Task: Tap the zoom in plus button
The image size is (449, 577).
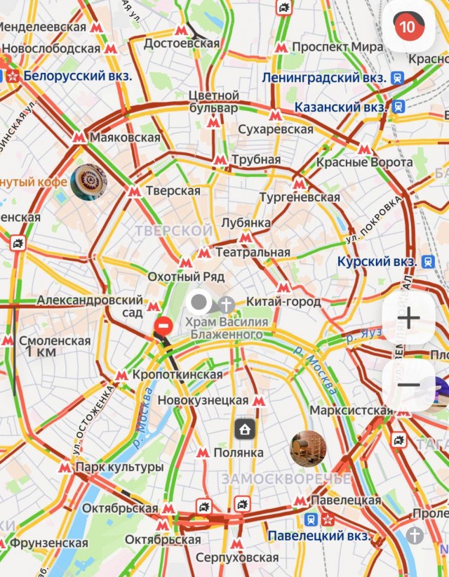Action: pos(408,318)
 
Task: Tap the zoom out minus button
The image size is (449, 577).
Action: pos(408,385)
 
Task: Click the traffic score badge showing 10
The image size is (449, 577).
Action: pos(406,27)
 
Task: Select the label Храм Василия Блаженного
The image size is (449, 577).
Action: pos(226,328)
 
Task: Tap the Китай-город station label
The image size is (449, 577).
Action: pos(283,302)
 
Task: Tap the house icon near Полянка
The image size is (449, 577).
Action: pos(244,429)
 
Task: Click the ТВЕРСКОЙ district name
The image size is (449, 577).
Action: pos(173,231)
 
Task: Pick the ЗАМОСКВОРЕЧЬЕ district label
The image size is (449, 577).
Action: pos(286,479)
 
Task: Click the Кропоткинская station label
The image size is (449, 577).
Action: pos(177,375)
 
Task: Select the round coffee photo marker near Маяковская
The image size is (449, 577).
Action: pos(89,182)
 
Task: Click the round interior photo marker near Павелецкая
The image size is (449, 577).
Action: pos(308,448)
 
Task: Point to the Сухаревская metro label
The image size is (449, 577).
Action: pos(276,130)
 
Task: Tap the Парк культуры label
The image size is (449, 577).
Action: pos(119,467)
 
